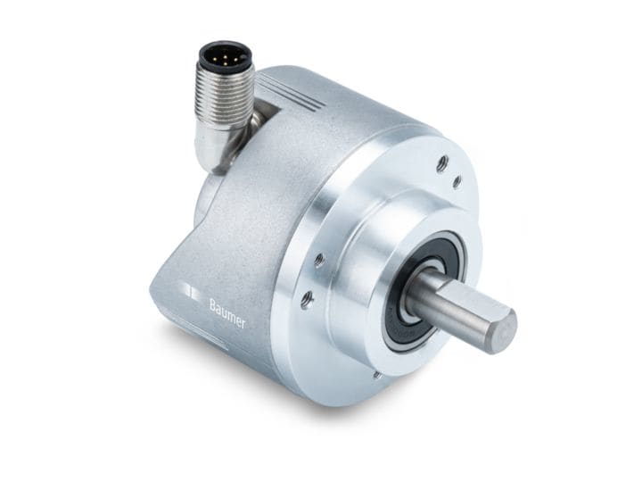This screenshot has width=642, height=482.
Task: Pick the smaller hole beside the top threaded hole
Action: point(457,181)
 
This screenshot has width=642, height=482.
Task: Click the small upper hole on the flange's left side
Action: point(318,261)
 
